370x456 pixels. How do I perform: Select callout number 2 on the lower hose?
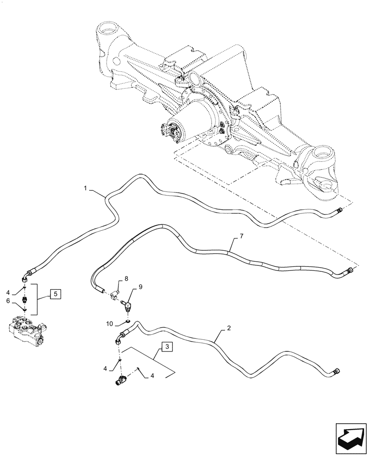(x=228, y=328)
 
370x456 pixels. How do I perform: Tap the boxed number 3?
(x=167, y=347)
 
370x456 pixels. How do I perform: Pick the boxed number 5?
(x=54, y=294)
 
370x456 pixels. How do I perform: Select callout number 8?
(x=126, y=277)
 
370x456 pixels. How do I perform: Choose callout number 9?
(x=140, y=287)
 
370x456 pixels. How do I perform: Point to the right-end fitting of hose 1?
(x=339, y=210)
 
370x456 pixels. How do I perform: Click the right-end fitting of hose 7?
(x=350, y=270)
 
